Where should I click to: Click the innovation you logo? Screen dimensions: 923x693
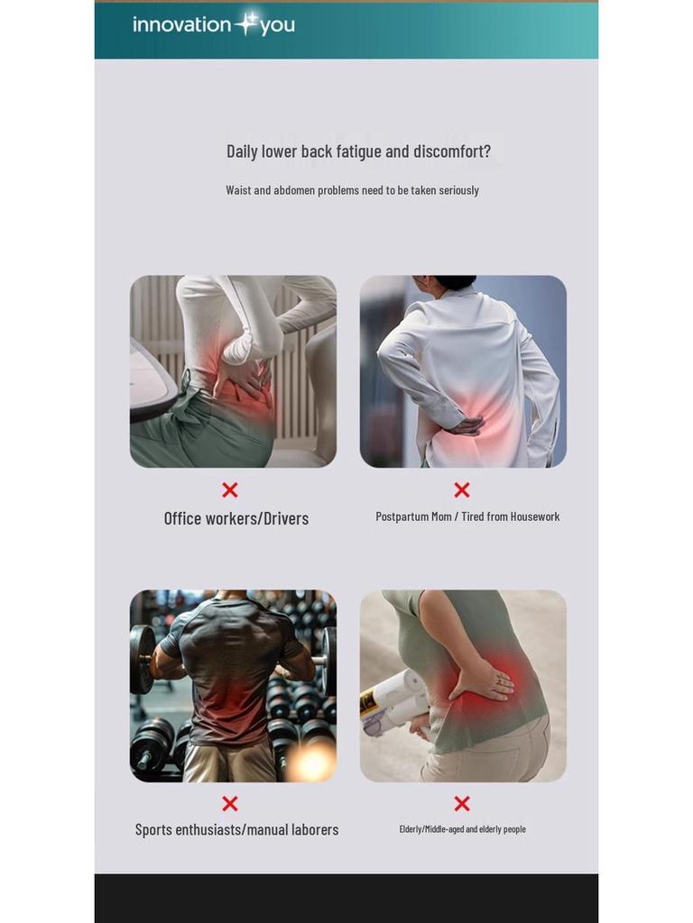click(214, 24)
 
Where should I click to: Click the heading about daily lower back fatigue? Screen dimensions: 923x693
click(358, 151)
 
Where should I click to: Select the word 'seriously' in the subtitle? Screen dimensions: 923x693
click(458, 190)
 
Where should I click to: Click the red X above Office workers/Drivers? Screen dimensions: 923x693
click(230, 489)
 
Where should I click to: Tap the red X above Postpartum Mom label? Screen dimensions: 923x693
click(462, 489)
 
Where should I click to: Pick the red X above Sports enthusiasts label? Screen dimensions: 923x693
click(230, 803)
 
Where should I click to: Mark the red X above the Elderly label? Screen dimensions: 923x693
click(462, 803)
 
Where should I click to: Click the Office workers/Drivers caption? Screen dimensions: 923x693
click(236, 518)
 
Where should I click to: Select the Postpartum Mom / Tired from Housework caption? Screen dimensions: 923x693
click(467, 516)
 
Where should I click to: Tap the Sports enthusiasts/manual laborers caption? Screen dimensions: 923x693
click(236, 829)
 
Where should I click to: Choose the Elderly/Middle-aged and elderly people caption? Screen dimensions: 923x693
click(462, 829)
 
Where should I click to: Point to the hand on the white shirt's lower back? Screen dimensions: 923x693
click(466, 425)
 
